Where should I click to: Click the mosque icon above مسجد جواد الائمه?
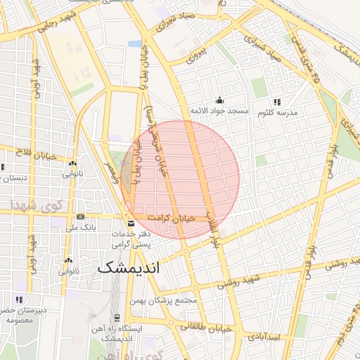pyautogui.click(x=220, y=100)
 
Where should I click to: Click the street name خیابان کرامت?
pyautogui.click(x=181, y=219)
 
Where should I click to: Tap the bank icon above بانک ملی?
pyautogui.click(x=81, y=216)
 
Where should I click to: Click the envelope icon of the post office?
pyautogui.click(x=130, y=224)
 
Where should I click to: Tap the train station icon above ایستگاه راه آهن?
pyautogui.click(x=116, y=317)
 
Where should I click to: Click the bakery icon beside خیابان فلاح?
pyautogui.click(x=70, y=161)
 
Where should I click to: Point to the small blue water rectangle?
pyautogui.click(x=134, y=44)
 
